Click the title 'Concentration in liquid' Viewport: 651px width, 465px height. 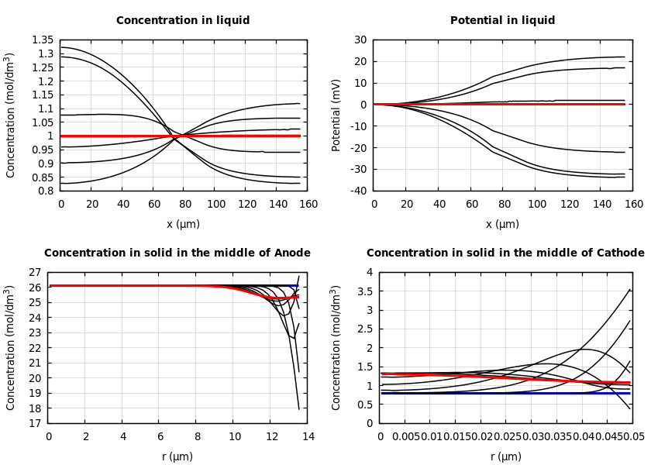pyautogui.click(x=183, y=21)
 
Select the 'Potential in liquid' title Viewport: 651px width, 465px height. pyautogui.click(x=502, y=21)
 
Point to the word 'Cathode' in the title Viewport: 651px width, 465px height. pyautogui.click(x=621, y=253)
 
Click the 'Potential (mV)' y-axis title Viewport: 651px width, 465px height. pyautogui.click(x=336, y=115)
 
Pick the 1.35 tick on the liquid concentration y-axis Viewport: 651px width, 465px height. pyautogui.click(x=43, y=40)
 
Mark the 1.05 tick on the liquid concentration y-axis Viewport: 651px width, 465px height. pyautogui.click(x=43, y=122)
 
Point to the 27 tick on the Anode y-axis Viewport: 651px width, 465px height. pyautogui.click(x=34, y=273)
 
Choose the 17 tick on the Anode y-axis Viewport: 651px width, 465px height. pyautogui.click(x=34, y=423)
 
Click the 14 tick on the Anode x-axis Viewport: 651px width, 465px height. pyautogui.click(x=308, y=437)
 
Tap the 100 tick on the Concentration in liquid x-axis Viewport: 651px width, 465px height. pyautogui.click(x=215, y=204)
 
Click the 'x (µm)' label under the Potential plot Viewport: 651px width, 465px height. pyautogui.click(x=502, y=225)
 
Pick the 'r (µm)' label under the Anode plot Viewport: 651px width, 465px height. pyautogui.click(x=177, y=457)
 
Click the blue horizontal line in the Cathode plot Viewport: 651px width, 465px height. pyautogui.click(x=504, y=393)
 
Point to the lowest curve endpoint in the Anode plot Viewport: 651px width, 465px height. pyautogui.click(x=298, y=408)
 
